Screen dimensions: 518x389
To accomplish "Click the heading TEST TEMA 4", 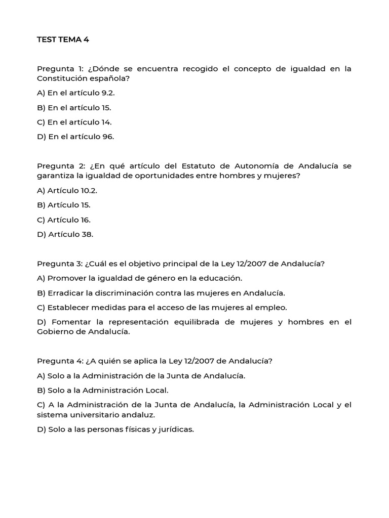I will (63, 40).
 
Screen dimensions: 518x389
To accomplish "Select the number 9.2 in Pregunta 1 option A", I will (111, 93).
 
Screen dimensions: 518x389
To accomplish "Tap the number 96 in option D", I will (108, 137).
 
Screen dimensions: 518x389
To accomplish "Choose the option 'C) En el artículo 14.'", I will (74, 122).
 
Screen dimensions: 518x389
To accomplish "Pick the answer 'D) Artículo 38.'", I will (65, 234).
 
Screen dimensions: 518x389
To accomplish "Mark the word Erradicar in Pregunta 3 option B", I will (66, 293).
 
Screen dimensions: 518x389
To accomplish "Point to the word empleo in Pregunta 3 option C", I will (274, 307).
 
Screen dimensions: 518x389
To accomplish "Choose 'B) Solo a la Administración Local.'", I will (102, 390).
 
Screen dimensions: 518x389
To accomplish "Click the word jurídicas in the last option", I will (174, 429).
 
